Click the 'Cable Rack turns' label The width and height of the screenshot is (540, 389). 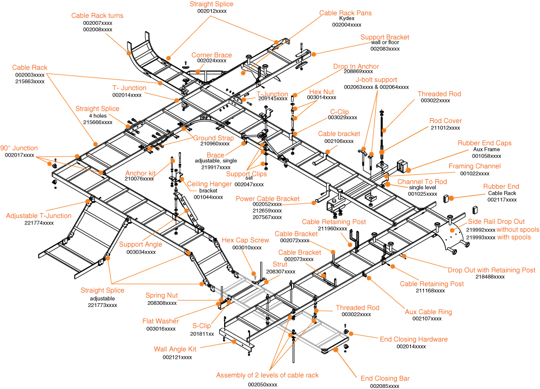click(97, 16)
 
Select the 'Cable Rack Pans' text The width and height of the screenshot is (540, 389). click(345, 13)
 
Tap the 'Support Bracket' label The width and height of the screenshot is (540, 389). click(384, 37)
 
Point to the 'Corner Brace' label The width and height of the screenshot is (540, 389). click(212, 55)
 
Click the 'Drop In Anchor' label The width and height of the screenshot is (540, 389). click(356, 66)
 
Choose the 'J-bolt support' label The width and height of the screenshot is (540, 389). click(376, 80)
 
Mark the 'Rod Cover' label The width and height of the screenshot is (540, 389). click(446, 121)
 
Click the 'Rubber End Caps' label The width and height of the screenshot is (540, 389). click(484, 144)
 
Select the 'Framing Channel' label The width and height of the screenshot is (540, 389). click(475, 166)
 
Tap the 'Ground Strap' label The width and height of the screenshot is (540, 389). click(213, 138)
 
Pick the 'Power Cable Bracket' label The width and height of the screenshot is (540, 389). click(267, 199)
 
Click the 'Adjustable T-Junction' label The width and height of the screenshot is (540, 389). click(39, 216)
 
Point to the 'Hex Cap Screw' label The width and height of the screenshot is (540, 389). click(245, 240)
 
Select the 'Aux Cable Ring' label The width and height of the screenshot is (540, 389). click(428, 312)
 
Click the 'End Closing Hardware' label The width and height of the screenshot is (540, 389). click(414, 339)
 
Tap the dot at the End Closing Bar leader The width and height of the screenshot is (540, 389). click(335, 350)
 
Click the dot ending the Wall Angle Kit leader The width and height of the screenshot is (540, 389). click(234, 342)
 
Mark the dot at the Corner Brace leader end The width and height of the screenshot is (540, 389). click(198, 71)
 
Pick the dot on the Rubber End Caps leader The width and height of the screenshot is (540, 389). click(408, 170)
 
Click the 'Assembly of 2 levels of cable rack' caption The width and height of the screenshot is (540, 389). click(267, 375)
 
